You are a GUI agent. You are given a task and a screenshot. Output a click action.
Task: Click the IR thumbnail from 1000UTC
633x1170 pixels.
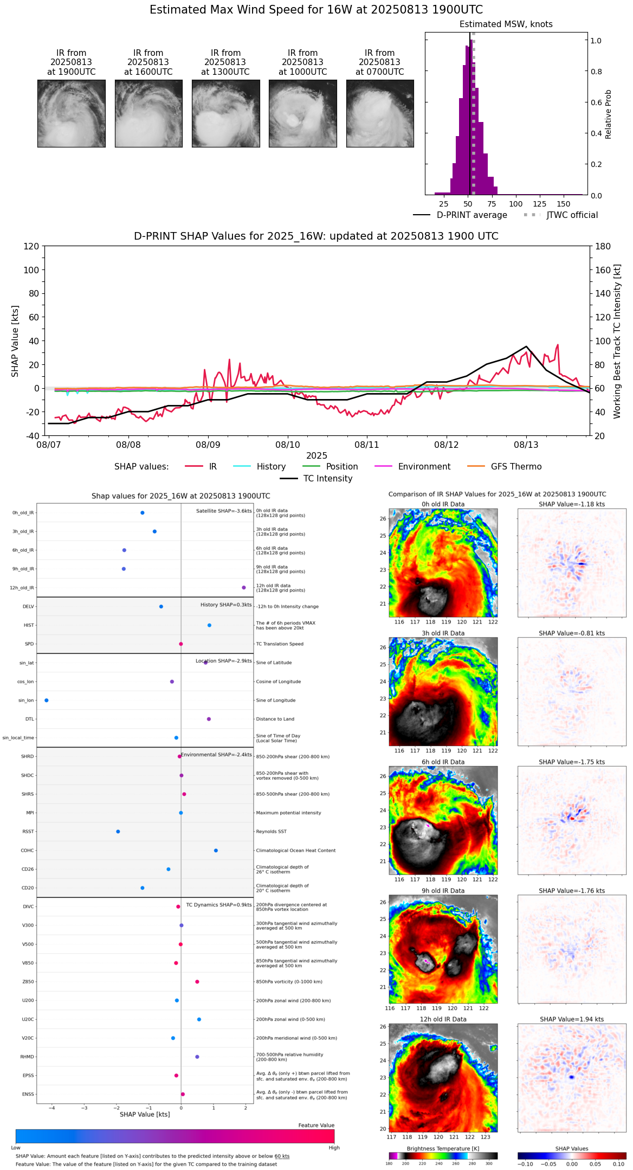click(x=302, y=113)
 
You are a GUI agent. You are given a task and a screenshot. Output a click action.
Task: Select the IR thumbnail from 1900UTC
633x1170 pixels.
click(x=71, y=113)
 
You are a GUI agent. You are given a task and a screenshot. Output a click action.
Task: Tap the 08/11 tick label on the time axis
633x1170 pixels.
click(x=367, y=445)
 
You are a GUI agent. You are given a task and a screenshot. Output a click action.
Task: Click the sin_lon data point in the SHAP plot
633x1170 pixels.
click(x=47, y=700)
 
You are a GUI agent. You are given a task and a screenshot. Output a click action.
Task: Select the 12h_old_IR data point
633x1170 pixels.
click(x=244, y=588)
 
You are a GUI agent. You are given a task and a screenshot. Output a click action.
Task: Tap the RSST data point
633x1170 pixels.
click(x=118, y=832)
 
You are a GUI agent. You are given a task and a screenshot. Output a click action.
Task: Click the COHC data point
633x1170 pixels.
click(x=216, y=851)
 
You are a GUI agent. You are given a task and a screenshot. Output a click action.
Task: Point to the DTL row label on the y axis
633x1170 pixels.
click(x=29, y=719)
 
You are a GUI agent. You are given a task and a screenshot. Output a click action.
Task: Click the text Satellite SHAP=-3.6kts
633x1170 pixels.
click(x=224, y=511)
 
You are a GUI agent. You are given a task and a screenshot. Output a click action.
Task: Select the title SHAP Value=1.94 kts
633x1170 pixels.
click(x=572, y=1020)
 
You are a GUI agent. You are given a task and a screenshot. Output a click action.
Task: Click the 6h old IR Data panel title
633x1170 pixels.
click(x=443, y=762)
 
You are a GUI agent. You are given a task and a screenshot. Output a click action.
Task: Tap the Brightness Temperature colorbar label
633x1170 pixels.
click(x=443, y=1149)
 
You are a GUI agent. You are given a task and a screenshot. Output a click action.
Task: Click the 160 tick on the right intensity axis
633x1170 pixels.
click(x=603, y=270)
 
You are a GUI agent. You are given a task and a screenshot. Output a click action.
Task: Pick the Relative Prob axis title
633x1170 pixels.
click(x=609, y=114)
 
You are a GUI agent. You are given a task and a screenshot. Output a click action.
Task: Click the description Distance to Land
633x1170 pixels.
click(x=275, y=719)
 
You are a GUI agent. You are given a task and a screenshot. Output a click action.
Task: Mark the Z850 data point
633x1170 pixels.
click(x=197, y=982)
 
